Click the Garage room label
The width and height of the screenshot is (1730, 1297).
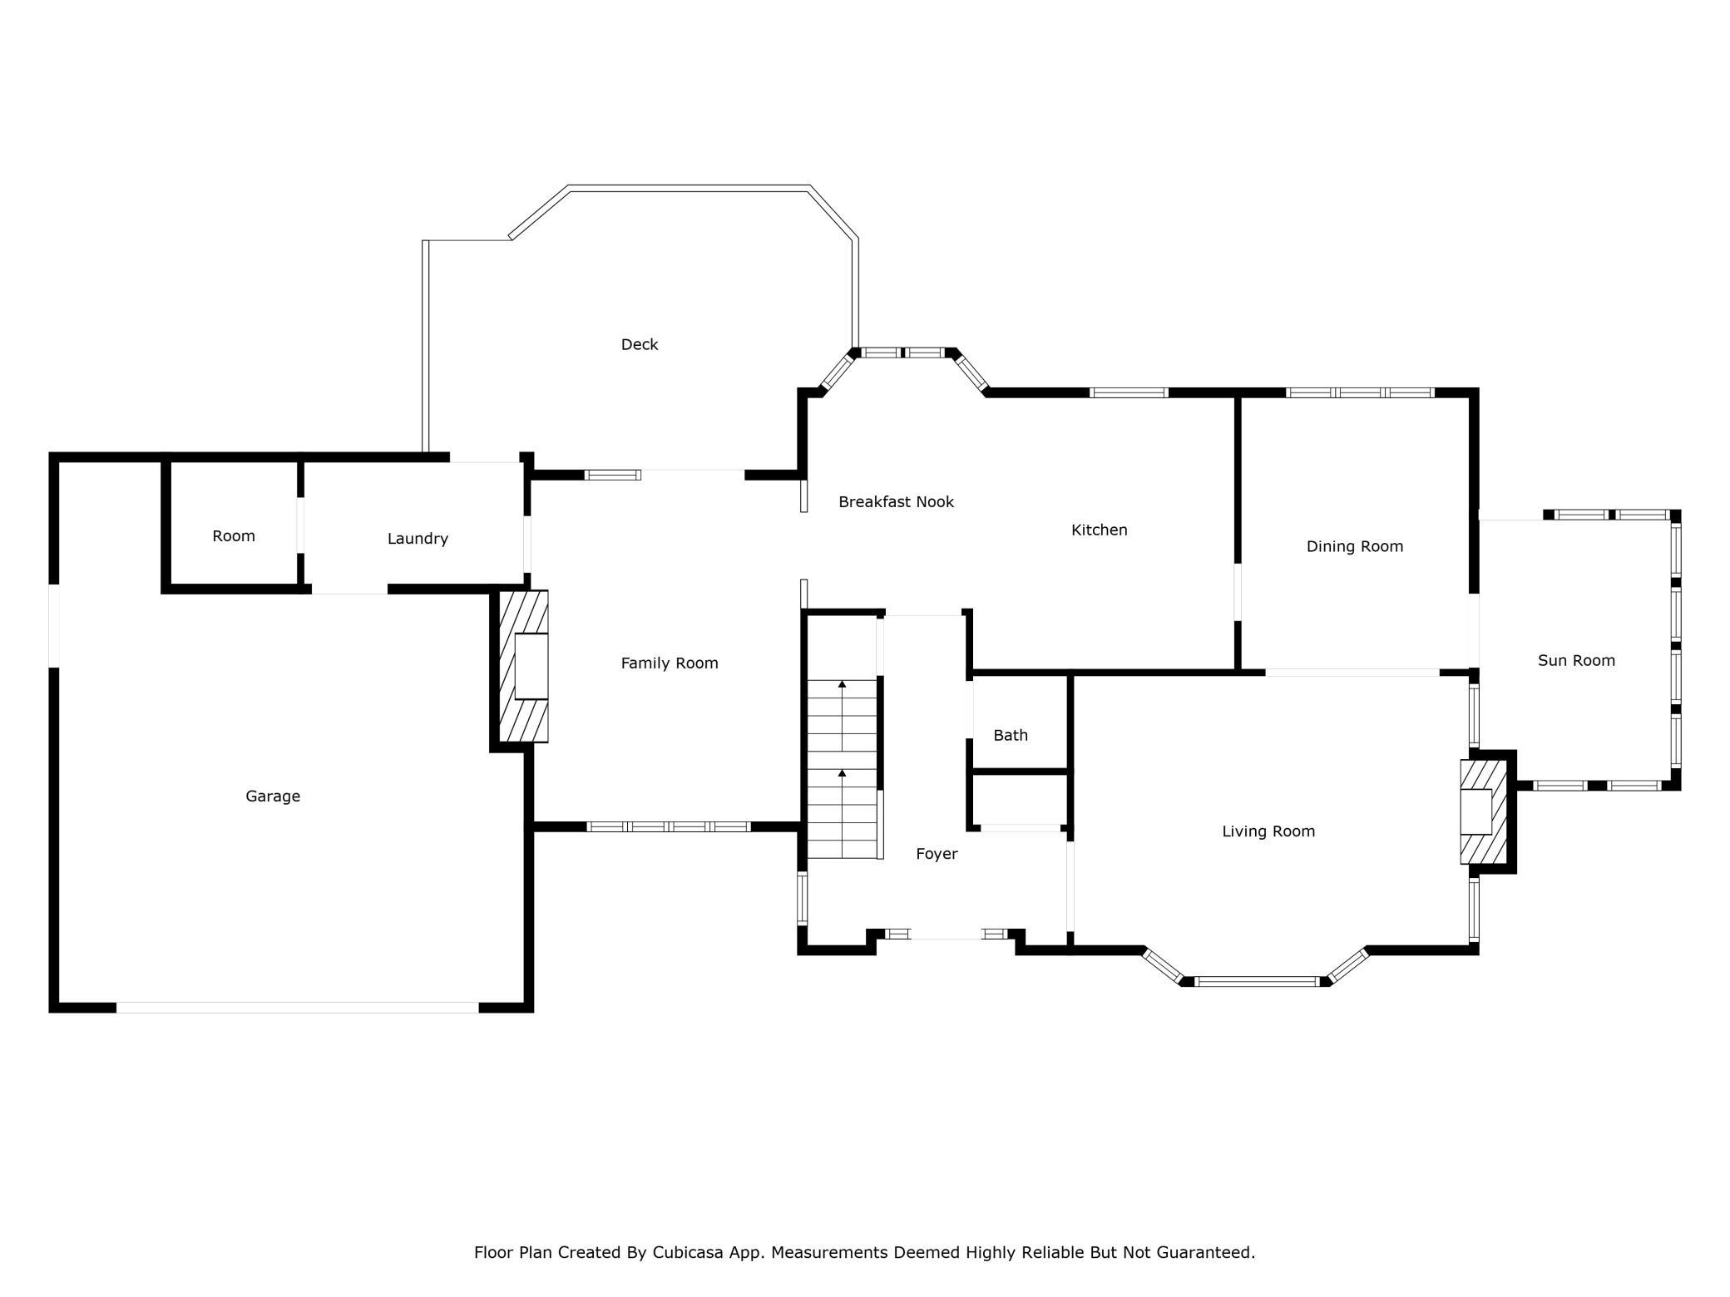point(273,796)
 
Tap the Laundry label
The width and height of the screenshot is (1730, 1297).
point(418,539)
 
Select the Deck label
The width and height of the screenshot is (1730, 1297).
point(640,344)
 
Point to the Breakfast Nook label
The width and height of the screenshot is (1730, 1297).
point(896,501)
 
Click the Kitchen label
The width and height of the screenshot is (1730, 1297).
point(1099,530)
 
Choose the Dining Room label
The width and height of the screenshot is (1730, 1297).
point(1355,546)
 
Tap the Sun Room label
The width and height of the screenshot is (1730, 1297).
point(1576,660)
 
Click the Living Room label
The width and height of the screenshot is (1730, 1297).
point(1268,831)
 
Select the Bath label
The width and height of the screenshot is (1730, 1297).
point(1011,735)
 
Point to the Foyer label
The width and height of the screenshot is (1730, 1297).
point(937,854)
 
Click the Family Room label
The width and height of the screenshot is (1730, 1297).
point(670,663)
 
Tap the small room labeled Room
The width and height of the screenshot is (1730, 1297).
point(234,536)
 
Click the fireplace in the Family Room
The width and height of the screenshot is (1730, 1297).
point(523,666)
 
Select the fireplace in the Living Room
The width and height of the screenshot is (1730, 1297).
point(1484,811)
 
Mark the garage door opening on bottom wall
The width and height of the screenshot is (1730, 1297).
point(298,1008)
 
